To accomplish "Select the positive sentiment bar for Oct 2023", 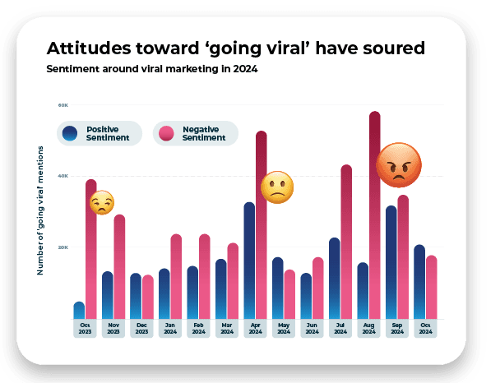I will tap(79, 311).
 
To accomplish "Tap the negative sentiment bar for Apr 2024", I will tap(262, 225).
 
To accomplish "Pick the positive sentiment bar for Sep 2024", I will tap(391, 262).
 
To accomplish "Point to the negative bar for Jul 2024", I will tap(346, 242).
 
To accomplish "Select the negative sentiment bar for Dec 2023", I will tap(147, 297).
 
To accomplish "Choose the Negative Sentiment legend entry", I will tap(195, 133).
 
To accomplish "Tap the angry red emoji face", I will tap(399, 165).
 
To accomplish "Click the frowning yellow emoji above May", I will tap(277, 188).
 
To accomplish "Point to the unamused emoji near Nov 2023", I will tap(101, 202).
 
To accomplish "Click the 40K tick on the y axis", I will tap(62, 176).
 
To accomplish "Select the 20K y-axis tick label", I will tap(62, 247).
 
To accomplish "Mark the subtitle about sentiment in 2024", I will tap(152, 69).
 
